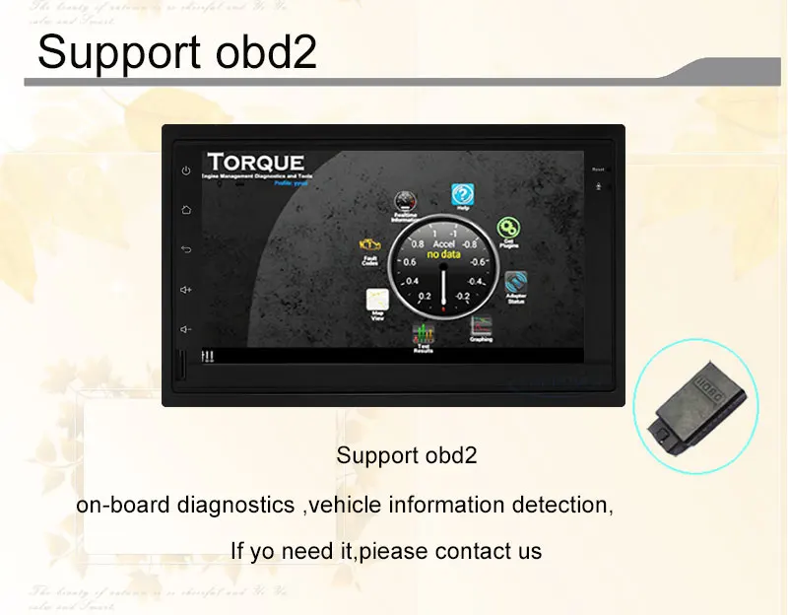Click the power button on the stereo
pos(186,171)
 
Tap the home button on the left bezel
pos(186,210)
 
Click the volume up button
pos(186,289)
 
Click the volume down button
pos(186,328)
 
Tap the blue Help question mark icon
pos(462,194)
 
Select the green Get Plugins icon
pos(508,230)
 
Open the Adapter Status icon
pos(516,283)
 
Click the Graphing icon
pos(481,326)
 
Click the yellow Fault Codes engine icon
pos(370,245)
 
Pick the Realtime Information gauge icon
pos(405,202)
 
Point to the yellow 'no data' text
pos(444,253)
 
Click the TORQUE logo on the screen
pos(255,162)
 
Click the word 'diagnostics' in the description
pos(236,506)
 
